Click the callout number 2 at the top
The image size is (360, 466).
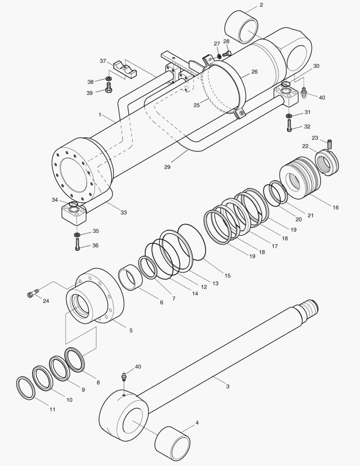click(261, 5)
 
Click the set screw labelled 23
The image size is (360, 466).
click(331, 143)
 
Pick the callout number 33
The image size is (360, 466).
click(123, 213)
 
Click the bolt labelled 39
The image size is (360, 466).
click(109, 89)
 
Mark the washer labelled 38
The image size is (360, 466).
click(109, 79)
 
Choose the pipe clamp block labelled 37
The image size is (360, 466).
click(125, 70)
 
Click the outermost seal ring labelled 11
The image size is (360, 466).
click(25, 388)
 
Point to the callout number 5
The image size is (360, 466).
click(131, 331)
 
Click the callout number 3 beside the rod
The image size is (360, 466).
click(228, 386)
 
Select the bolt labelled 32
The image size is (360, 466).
click(289, 126)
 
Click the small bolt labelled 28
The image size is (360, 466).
click(227, 54)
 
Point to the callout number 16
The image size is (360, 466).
click(335, 208)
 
